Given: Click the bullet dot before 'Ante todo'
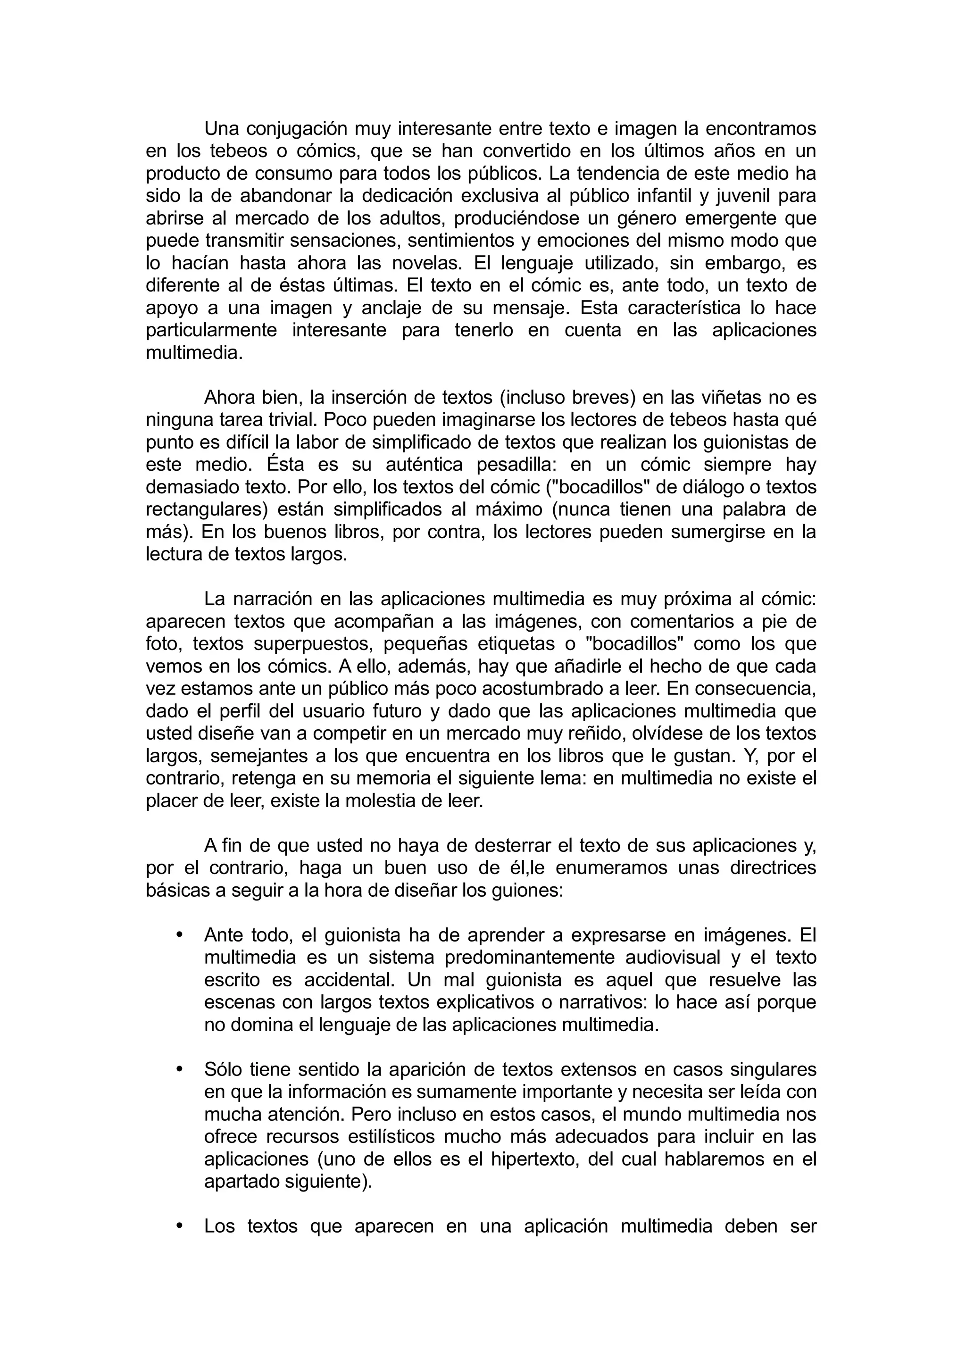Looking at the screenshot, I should tap(179, 935).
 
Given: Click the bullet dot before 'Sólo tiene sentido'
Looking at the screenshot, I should tap(179, 1070).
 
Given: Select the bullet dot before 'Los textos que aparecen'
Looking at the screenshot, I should tap(179, 1227).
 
